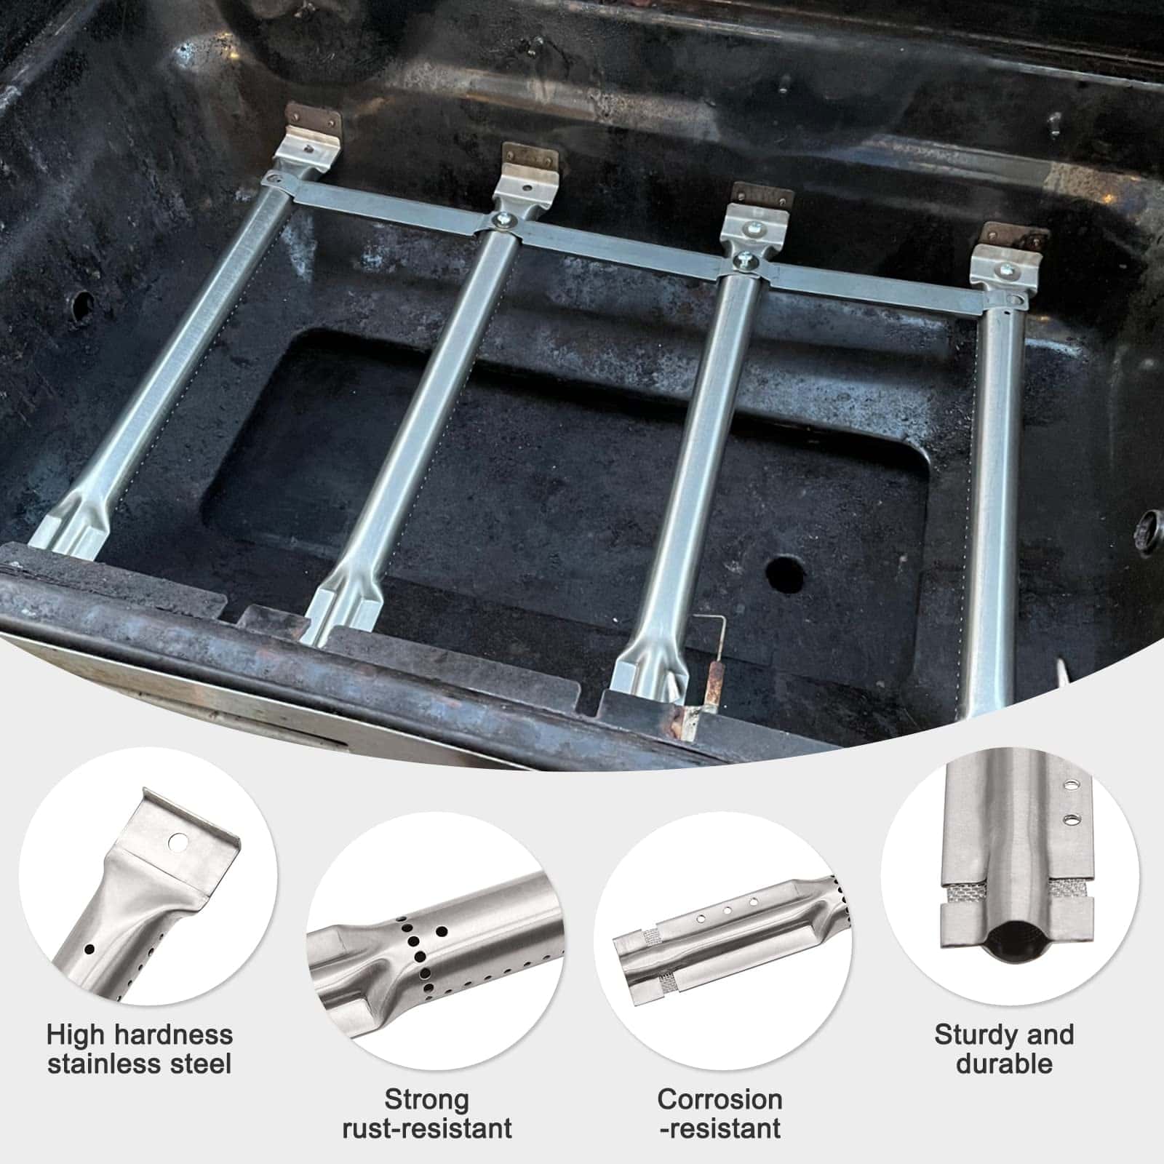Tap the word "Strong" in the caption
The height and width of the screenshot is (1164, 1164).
426,1099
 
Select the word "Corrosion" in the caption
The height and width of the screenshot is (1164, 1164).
720,1099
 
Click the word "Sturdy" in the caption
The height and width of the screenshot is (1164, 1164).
972,1035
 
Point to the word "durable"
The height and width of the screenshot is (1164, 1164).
1004,1064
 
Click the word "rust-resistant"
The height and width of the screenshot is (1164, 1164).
427,1128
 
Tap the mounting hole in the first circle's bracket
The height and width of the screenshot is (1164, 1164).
177,842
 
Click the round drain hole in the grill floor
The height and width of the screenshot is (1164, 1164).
785,575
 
